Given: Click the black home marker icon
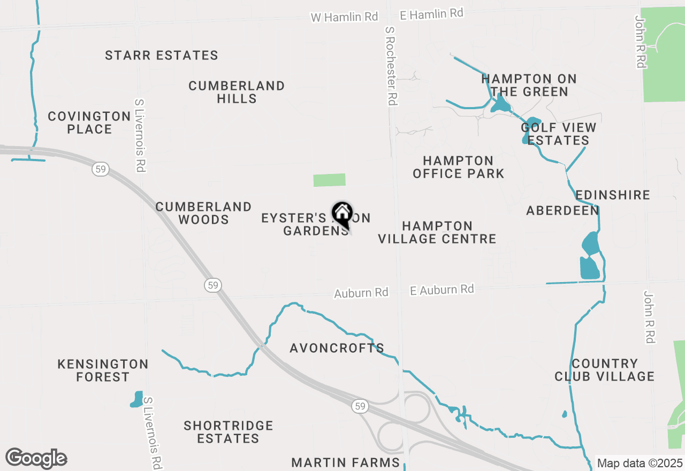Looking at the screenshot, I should pos(342,214).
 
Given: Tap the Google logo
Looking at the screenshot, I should pos(36,458).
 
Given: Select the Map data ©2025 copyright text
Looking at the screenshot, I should pos(640,463).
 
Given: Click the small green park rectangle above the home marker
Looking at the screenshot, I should pos(329,180).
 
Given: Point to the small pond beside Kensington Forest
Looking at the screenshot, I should pos(136,399).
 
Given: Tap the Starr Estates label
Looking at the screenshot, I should pos(161,56).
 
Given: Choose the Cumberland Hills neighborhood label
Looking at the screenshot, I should pos(237,92).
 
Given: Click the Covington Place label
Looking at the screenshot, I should pos(89,123).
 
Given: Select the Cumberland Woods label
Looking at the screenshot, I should pos(203,213).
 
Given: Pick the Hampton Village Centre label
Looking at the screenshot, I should pos(437,232).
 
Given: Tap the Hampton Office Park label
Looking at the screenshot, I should pos(459,167).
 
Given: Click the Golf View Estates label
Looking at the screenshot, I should pos(558,134).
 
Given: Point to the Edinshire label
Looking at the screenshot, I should pos(613,195).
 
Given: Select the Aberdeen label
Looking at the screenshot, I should pos(562,210).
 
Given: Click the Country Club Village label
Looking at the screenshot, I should pos(604,370).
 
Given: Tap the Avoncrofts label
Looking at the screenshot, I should pos(337,348).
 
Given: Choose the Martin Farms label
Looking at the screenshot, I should pos(346,462).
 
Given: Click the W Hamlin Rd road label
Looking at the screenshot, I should pos(345,17).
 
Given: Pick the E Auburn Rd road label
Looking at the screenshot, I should pos(442,290).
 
